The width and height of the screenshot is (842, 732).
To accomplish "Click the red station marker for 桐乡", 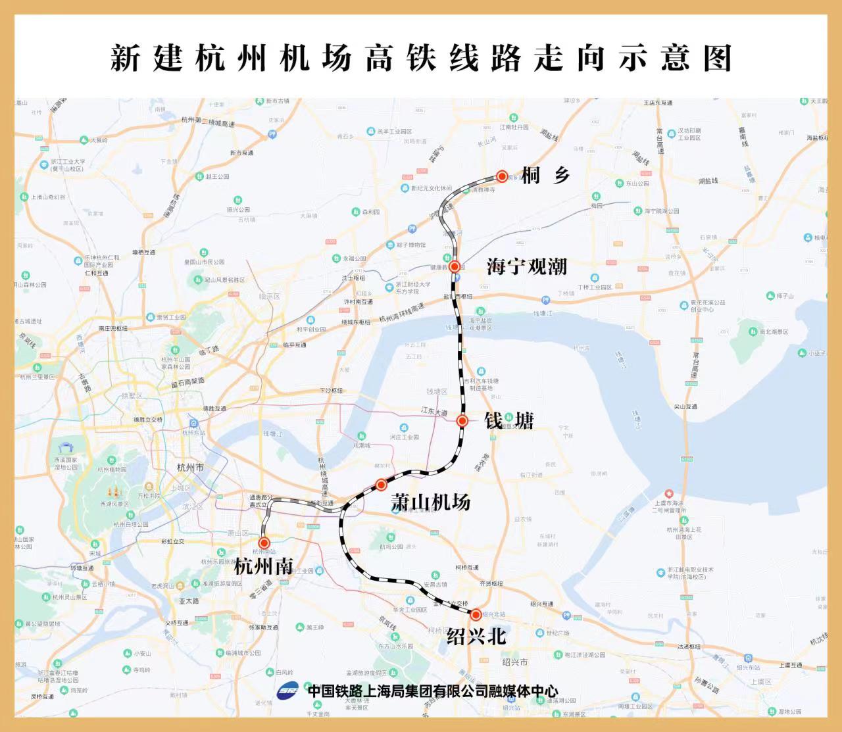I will (502, 176).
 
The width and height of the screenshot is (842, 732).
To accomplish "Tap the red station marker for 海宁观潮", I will (455, 266).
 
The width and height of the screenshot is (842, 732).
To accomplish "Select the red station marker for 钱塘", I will (462, 421).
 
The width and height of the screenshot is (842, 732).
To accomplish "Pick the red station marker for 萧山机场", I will (381, 485).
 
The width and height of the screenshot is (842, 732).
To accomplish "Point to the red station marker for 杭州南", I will (264, 543).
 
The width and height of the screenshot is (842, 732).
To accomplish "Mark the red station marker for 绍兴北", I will (476, 615).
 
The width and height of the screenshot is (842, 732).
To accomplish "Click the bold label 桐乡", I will (545, 176).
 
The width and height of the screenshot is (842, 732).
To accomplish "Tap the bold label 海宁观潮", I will (526, 266).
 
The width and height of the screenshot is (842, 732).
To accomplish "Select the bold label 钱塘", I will (508, 421).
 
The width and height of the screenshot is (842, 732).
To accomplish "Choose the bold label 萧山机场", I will (431, 502).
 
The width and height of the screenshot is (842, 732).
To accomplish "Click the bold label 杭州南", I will (263, 566).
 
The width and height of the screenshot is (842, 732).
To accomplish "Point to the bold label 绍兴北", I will (476, 636).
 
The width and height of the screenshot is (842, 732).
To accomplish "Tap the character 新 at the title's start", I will (125, 59).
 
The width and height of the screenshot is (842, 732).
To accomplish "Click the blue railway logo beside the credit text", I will (287, 691).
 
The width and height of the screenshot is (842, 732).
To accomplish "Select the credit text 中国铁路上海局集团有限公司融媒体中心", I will (432, 691).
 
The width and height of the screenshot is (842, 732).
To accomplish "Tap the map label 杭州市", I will (190, 468).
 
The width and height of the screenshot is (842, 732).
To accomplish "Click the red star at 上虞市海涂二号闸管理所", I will (669, 494).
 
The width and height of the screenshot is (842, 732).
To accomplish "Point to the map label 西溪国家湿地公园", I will (66, 464).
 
